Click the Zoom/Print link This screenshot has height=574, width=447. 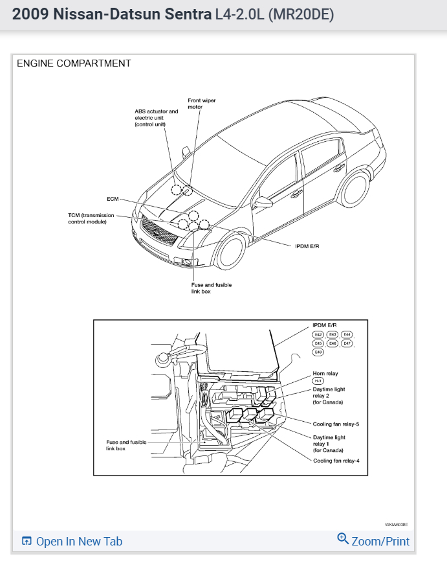pyautogui.click(x=374, y=541)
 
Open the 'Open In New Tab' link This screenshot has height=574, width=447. pyautogui.click(x=72, y=542)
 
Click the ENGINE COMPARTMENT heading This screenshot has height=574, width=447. pyautogui.click(x=74, y=63)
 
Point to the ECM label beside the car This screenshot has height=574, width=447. pyautogui.click(x=113, y=199)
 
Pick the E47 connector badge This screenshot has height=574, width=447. pyautogui.click(x=347, y=343)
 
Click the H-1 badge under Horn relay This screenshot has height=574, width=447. pyautogui.click(x=318, y=381)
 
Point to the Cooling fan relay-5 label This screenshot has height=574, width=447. pyautogui.click(x=336, y=424)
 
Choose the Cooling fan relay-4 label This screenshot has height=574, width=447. pyautogui.click(x=336, y=461)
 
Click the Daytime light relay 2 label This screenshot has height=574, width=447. pyautogui.click(x=329, y=395)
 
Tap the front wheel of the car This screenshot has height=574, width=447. pyautogui.click(x=232, y=251)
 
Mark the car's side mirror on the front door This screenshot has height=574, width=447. pyautogui.click(x=263, y=202)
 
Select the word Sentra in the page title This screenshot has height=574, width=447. pyautogui.click(x=188, y=14)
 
